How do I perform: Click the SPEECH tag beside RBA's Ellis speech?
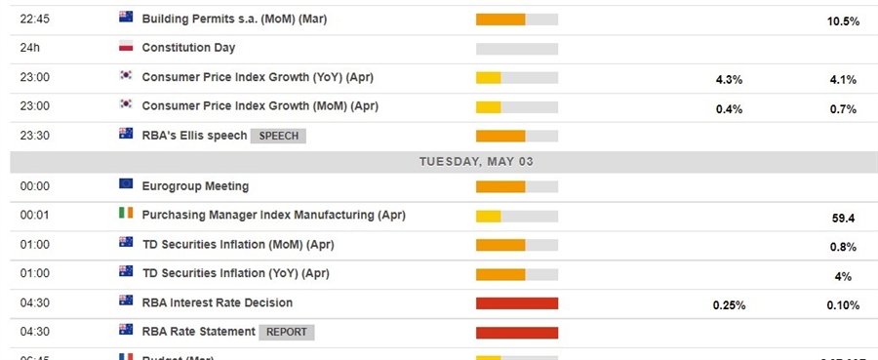click(x=278, y=136)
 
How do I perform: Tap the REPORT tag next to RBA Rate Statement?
click(x=286, y=332)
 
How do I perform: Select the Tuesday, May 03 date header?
click(x=476, y=161)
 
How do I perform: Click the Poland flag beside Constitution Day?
click(x=125, y=47)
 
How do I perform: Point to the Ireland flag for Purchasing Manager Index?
click(x=125, y=215)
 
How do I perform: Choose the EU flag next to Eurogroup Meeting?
click(x=125, y=184)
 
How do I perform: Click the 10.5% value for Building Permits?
click(x=842, y=20)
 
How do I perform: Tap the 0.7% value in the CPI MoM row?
click(x=842, y=108)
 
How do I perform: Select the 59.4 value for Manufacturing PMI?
click(x=844, y=219)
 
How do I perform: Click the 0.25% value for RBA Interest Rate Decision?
click(x=729, y=305)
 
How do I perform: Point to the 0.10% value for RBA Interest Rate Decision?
click(x=842, y=305)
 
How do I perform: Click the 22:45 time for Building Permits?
click(x=35, y=18)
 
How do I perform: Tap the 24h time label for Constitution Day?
click(x=30, y=47)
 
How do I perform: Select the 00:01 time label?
click(x=35, y=215)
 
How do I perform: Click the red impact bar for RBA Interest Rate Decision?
click(x=517, y=303)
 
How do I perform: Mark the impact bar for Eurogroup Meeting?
click(x=517, y=186)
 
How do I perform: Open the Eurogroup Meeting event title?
click(x=195, y=185)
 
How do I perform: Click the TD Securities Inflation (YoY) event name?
click(x=237, y=272)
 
